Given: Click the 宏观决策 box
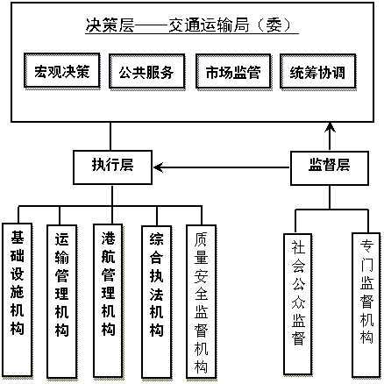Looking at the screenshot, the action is tap(62, 71).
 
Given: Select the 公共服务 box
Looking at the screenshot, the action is tap(147, 72).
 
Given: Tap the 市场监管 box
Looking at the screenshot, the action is tap(233, 72).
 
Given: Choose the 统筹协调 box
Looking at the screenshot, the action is tap(318, 72).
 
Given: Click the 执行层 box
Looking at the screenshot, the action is tap(112, 167).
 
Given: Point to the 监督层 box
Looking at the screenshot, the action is tap(330, 168).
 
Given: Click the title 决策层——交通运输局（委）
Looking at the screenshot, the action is tap(192, 25).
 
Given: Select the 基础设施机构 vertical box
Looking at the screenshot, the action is tap(18, 300).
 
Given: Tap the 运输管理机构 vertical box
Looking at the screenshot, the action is tap(62, 302).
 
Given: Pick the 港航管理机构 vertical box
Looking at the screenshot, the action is tap(108, 301).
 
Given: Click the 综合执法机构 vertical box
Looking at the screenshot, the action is tap(156, 302).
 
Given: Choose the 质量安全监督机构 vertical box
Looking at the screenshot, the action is tap(202, 302).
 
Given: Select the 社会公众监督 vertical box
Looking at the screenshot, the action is tap(298, 304).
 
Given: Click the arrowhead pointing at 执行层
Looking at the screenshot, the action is tap(158, 167).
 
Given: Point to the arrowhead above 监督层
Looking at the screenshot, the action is tap(330, 127).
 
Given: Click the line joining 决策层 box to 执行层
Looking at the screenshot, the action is tap(110, 136).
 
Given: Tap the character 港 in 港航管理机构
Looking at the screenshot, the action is tap(108, 238).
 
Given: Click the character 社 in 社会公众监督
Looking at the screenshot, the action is tap(298, 247).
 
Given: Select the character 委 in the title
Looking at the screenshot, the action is tap(274, 25).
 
